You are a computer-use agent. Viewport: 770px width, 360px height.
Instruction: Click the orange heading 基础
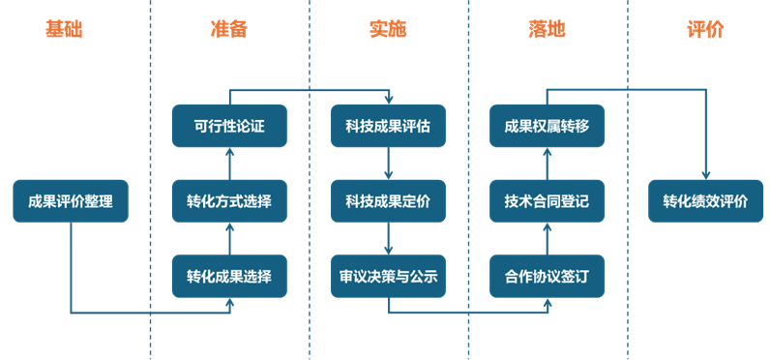(64, 30)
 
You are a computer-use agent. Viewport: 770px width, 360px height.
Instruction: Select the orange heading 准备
(229, 30)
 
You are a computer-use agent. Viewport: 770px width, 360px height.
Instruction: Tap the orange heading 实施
(388, 30)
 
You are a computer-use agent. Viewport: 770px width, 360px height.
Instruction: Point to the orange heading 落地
(547, 30)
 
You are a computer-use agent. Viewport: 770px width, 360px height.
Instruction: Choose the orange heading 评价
(705, 30)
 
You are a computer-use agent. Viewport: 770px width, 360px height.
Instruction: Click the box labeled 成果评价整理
(71, 202)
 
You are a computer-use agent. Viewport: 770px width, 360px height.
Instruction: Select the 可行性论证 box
(229, 127)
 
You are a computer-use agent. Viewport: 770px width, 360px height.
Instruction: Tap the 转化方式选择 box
(229, 202)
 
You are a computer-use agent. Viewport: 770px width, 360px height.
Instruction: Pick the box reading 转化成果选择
(229, 277)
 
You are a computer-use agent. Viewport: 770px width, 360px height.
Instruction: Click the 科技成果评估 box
(388, 127)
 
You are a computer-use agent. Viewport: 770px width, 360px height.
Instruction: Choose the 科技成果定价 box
(388, 202)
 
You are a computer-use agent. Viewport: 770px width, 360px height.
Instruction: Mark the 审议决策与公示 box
(388, 277)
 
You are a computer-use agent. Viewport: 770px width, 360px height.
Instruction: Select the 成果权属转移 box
(547, 127)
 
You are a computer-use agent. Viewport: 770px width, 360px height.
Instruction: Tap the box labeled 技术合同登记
(547, 202)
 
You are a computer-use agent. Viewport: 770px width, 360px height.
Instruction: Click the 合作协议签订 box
(547, 277)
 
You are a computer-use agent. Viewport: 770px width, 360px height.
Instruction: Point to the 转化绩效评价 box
(705, 202)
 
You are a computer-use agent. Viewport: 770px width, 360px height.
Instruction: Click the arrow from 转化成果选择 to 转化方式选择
(229, 239)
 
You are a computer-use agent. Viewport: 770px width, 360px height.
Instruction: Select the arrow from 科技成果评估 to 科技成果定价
(388, 165)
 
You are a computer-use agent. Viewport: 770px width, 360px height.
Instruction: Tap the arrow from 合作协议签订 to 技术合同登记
(547, 239)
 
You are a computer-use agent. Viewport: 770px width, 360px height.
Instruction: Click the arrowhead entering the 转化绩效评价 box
(705, 174)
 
